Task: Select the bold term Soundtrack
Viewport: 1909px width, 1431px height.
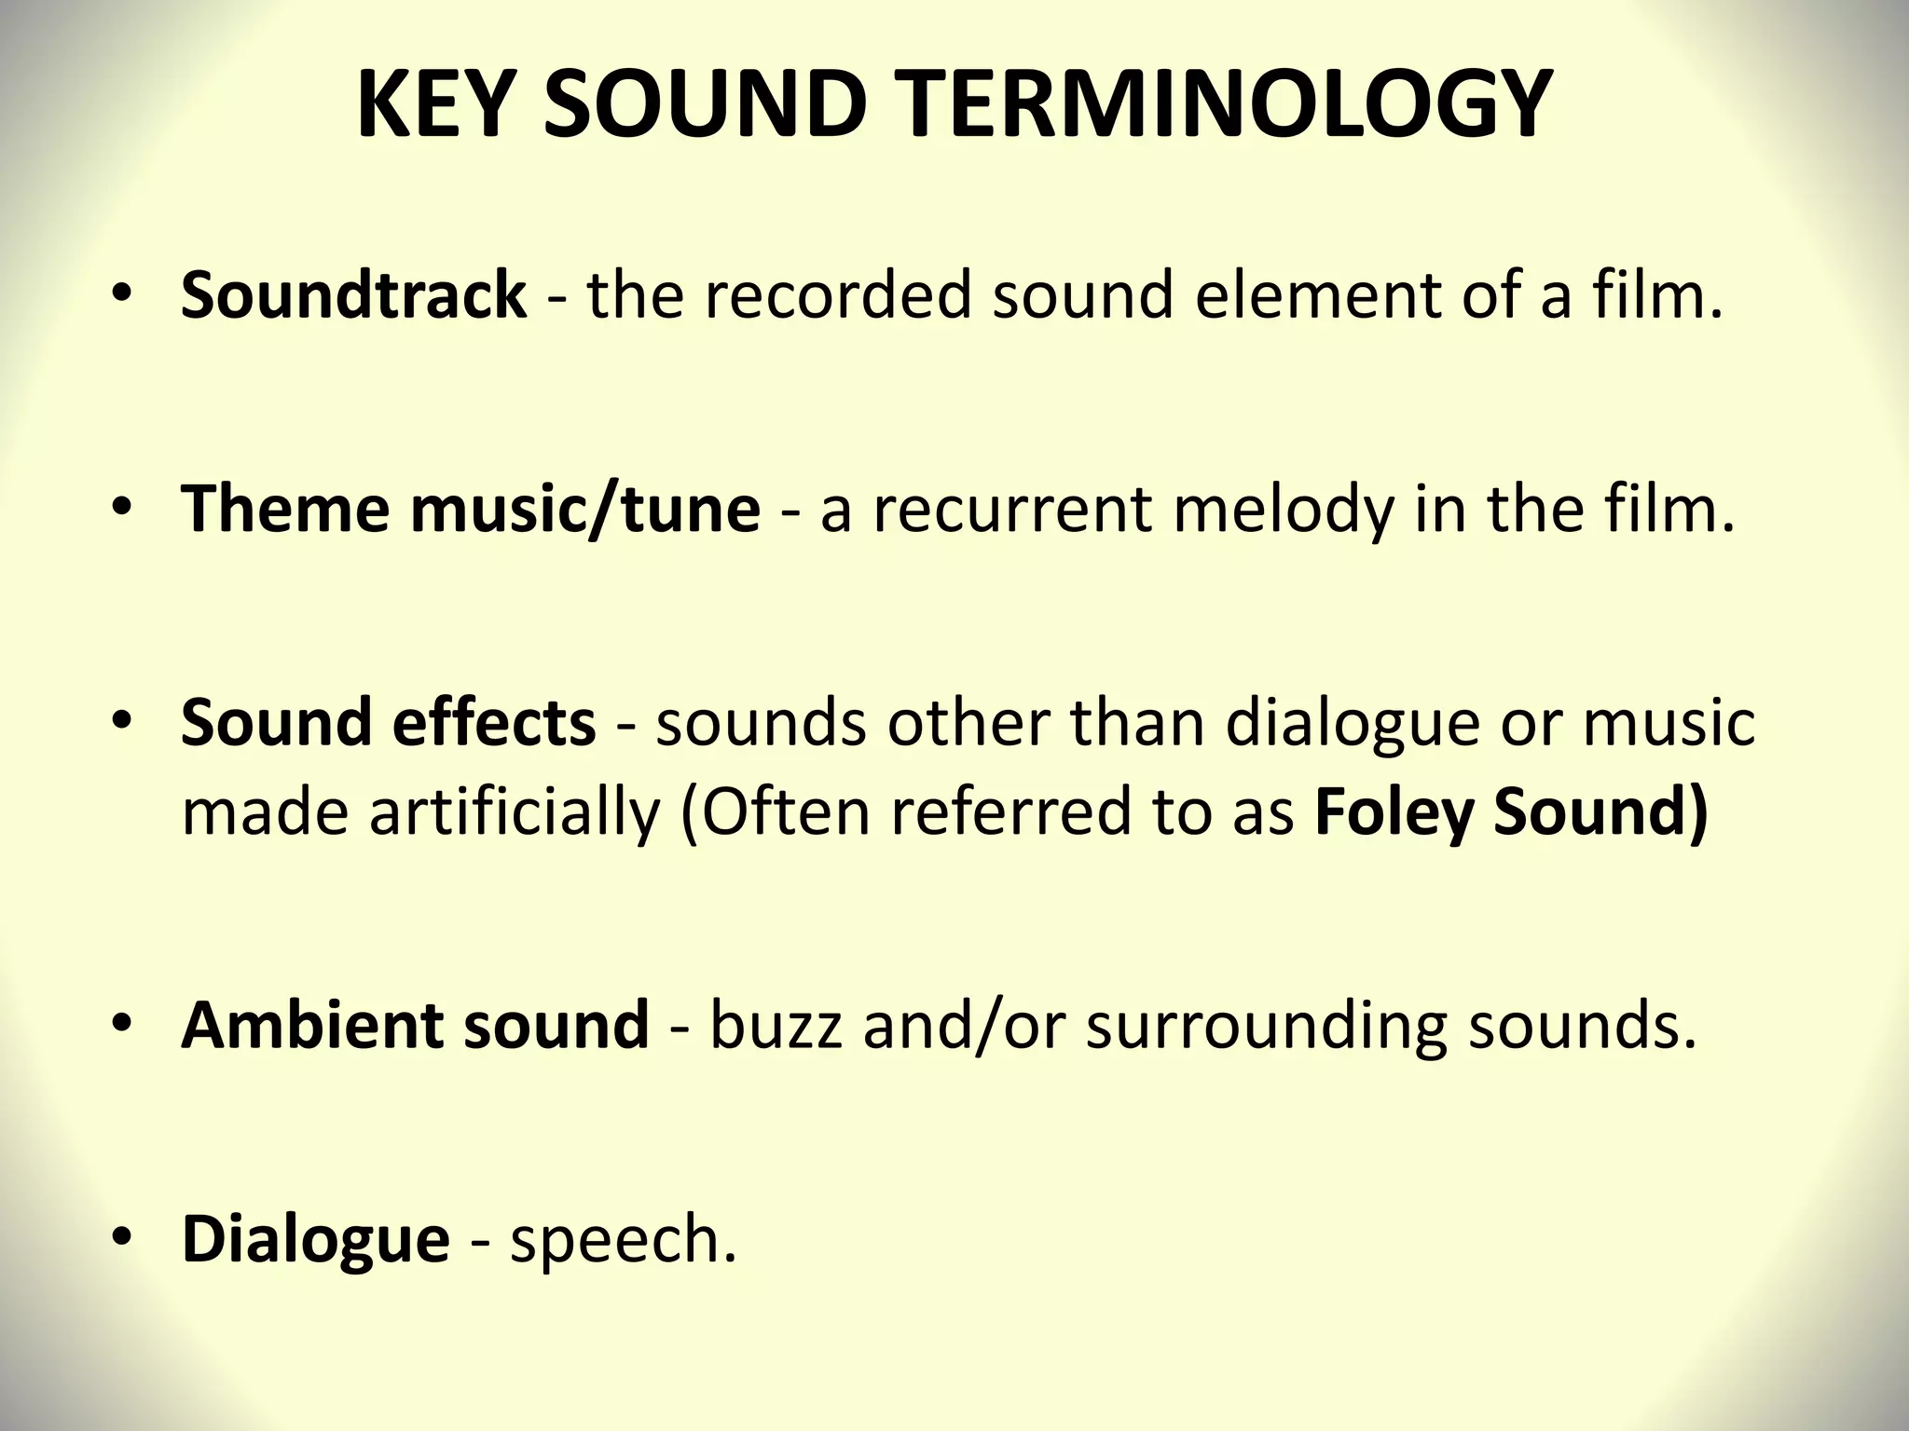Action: pyautogui.click(x=353, y=295)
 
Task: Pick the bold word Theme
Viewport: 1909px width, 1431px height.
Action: pyautogui.click(x=285, y=509)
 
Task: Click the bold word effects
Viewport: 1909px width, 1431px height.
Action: pyautogui.click(x=494, y=722)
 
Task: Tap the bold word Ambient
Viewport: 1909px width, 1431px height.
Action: pyautogui.click(x=311, y=1025)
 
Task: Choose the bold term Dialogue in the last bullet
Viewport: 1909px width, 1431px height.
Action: pyautogui.click(x=315, y=1239)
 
